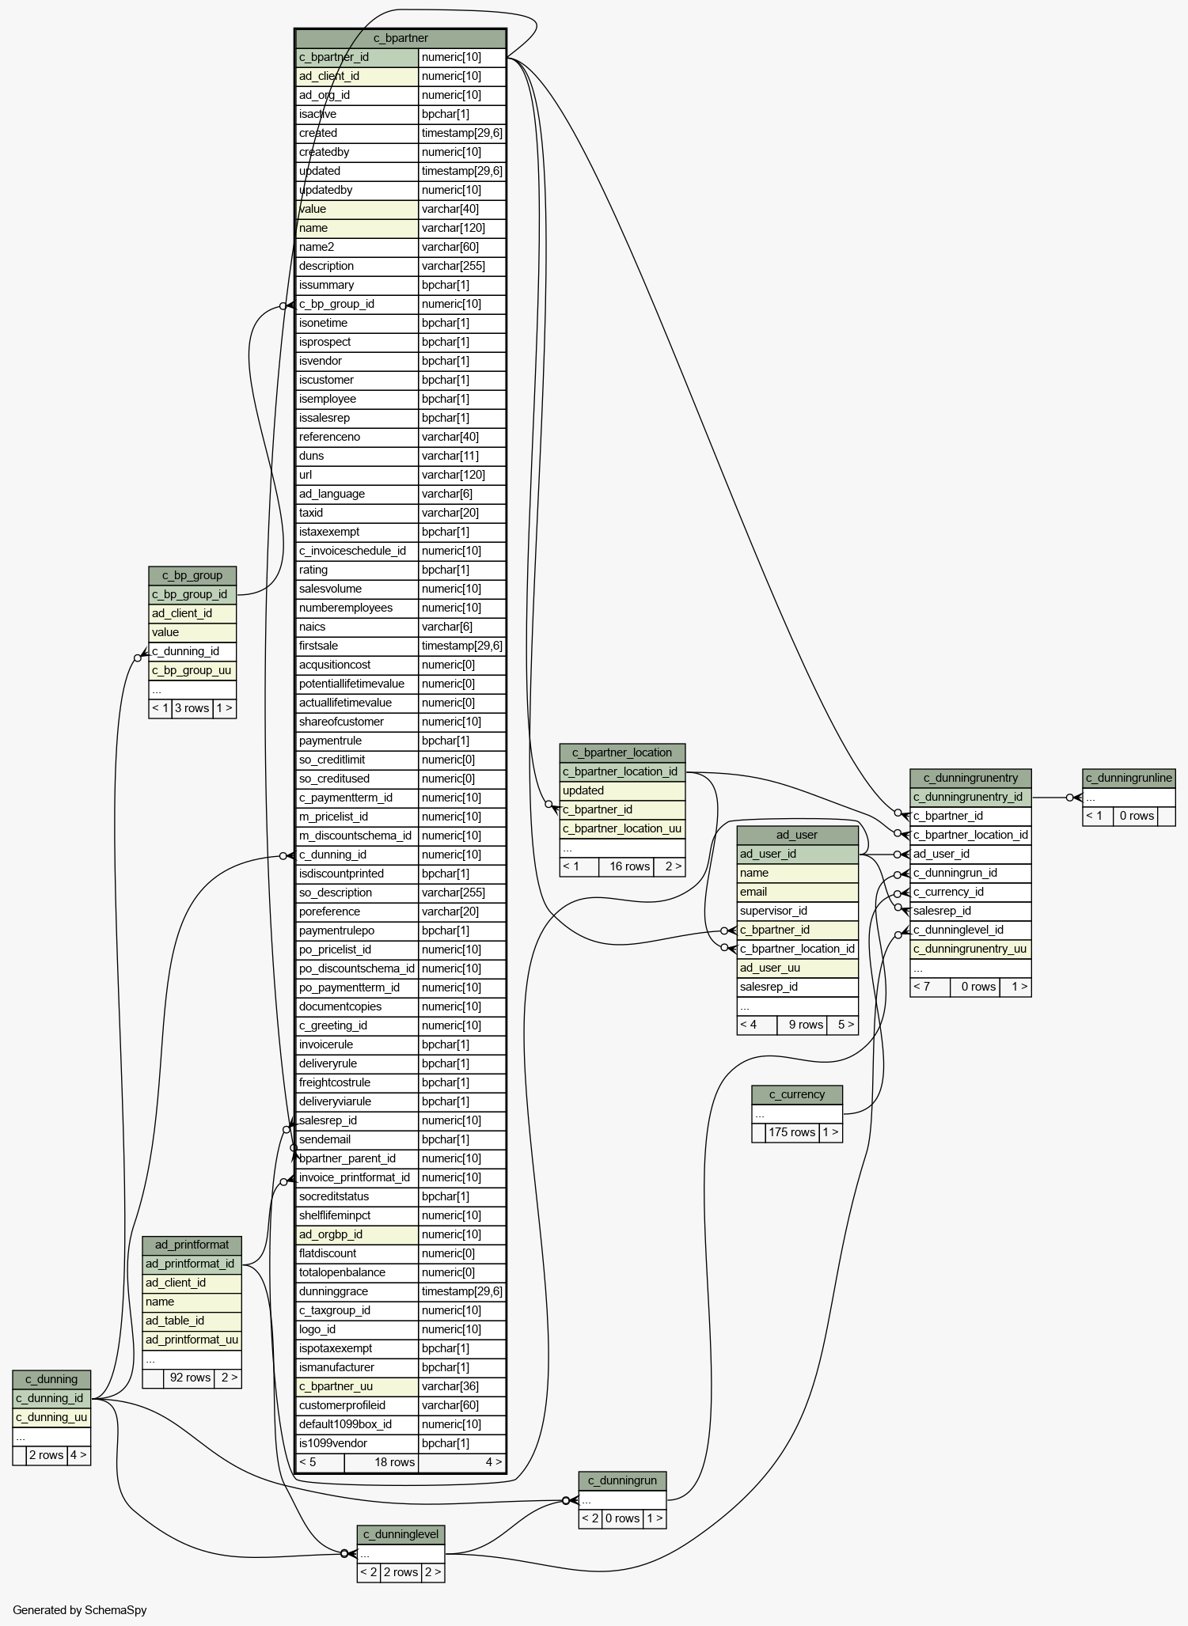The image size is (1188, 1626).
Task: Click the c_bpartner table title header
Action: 400,38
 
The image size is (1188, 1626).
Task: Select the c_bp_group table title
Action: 192,575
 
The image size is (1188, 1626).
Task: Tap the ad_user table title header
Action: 797,835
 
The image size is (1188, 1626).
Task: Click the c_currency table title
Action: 797,1094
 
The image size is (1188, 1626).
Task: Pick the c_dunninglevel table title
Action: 400,1534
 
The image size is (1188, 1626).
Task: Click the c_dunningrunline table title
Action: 1129,778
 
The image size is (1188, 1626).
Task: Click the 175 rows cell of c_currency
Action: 791,1132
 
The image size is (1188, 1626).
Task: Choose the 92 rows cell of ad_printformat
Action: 190,1378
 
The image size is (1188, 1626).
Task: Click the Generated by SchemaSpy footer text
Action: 80,1609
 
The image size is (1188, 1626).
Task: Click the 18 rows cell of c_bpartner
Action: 394,1462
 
